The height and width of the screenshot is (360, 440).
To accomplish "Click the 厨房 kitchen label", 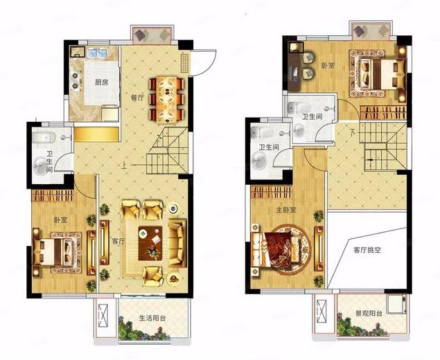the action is (102, 82).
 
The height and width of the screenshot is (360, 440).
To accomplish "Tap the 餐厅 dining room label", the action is (137, 98).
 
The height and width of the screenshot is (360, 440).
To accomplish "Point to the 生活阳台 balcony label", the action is (152, 318).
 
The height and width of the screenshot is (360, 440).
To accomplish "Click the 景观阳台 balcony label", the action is (369, 313).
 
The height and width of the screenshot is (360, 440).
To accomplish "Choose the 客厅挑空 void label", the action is (367, 250).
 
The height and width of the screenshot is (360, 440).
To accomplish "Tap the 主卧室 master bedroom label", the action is (286, 210).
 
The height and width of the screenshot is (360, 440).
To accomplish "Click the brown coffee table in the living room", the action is (150, 243).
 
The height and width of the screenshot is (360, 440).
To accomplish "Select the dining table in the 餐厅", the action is (167, 100).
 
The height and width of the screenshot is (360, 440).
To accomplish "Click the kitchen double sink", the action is (97, 53).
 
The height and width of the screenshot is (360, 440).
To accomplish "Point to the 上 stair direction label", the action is (124, 166).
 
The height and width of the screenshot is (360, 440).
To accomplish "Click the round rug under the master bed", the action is (289, 249).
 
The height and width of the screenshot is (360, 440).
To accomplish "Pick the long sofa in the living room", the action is (177, 243).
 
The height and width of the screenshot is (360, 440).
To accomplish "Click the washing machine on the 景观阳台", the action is (396, 304).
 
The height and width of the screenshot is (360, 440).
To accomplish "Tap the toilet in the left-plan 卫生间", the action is (44, 137).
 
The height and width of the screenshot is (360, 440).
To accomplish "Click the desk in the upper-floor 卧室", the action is (294, 66).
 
